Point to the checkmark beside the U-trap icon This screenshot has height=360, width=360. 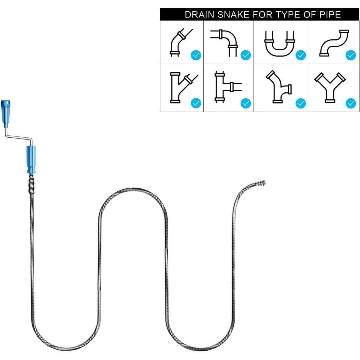click(x=301, y=55)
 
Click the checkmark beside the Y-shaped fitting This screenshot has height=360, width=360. click(x=351, y=103)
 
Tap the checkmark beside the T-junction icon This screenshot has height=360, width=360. click(x=246, y=103)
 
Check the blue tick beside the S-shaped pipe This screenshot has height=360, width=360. click(x=351, y=55)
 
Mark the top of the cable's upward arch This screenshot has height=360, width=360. click(x=133, y=190)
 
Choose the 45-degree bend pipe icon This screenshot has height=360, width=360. click(x=180, y=42)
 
